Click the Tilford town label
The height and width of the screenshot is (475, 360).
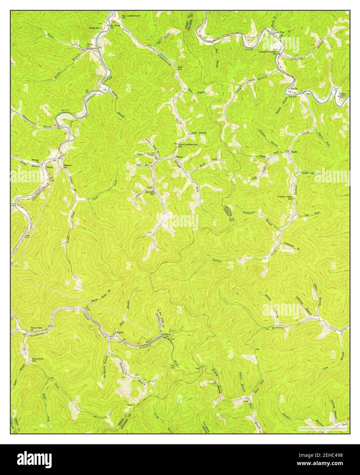point(166,334)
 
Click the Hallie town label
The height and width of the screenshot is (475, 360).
point(293,88)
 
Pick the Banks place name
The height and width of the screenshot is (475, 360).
point(294,151)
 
